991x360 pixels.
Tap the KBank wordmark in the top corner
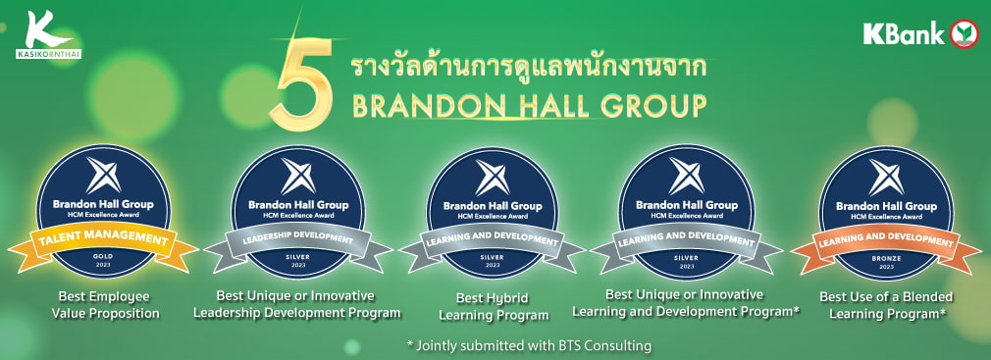904,34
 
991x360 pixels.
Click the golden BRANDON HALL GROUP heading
530,105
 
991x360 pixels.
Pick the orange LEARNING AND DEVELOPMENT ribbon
885,239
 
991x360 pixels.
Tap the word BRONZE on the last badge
885,255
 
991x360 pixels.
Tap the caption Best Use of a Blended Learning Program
885,305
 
